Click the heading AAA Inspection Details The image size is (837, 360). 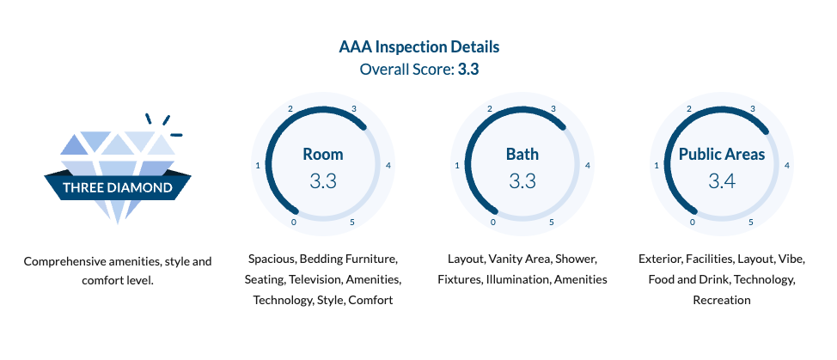click(418, 46)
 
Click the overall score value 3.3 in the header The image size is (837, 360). click(468, 69)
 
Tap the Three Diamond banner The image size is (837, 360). click(117, 186)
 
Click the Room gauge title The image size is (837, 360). click(323, 155)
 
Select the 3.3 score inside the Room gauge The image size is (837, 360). click(323, 181)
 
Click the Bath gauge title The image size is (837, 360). click(522, 155)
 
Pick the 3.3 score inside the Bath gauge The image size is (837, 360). click(522, 181)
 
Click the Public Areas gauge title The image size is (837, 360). click(722, 155)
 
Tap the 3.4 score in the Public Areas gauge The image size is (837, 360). click(722, 181)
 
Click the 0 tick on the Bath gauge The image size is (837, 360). click(493, 223)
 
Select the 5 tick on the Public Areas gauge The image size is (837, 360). click(751, 223)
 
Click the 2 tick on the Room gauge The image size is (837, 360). click(290, 109)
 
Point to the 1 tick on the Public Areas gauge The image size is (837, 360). click(657, 165)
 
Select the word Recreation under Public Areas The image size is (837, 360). click(722, 300)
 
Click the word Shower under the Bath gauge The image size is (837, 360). click(575, 259)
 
